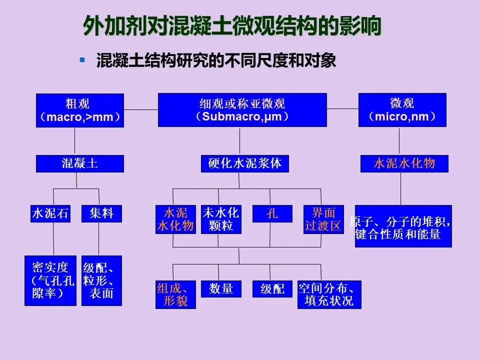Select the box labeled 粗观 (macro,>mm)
point(80,110)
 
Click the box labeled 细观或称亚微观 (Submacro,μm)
point(242,110)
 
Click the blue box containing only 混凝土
point(79,163)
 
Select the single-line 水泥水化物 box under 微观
point(404,163)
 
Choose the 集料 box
point(101,213)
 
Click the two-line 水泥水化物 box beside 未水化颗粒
point(175,219)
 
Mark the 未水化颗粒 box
point(220,219)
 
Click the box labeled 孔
point(272,213)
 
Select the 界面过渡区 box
point(323,219)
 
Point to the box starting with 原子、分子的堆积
point(403,226)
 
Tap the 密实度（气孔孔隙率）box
point(50,280)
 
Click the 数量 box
point(221,288)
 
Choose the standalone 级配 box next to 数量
point(272,288)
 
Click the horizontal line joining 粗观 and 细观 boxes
point(141,109)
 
